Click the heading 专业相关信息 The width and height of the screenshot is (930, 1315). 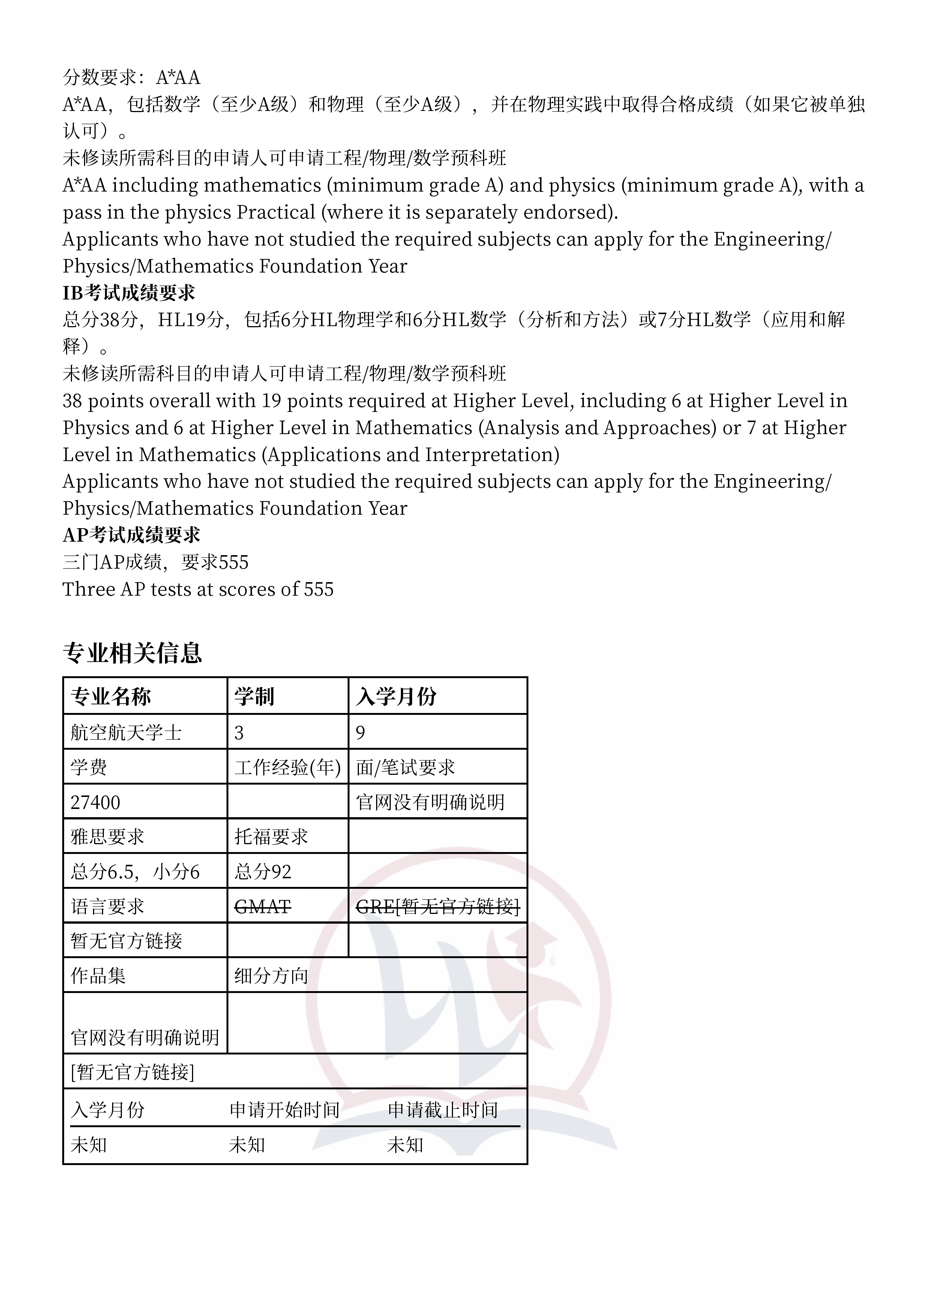tap(132, 653)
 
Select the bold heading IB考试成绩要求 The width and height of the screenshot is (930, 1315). tap(129, 293)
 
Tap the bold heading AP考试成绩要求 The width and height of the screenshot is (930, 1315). tap(131, 535)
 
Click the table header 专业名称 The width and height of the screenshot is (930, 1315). tap(111, 696)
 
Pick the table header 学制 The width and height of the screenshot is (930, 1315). tap(254, 696)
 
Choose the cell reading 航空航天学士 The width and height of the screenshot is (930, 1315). tap(126, 732)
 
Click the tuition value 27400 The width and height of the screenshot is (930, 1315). tap(95, 803)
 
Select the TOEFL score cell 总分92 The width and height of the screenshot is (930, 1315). tap(263, 872)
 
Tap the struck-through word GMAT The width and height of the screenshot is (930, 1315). tap(263, 907)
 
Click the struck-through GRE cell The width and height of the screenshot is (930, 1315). tap(438, 907)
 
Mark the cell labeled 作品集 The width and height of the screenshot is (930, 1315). tap(98, 976)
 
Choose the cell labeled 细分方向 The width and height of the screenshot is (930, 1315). tap(271, 976)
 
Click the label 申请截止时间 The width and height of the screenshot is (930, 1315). tap(443, 1110)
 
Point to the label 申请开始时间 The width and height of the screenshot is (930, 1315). tap(285, 1110)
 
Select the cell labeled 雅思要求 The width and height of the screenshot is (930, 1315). tap(107, 837)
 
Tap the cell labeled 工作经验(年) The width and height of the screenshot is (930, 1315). tap(288, 767)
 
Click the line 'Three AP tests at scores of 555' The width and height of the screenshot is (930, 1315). tap(198, 589)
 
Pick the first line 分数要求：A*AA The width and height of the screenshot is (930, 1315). tap(131, 77)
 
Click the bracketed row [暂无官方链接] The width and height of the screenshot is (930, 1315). tap(132, 1072)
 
